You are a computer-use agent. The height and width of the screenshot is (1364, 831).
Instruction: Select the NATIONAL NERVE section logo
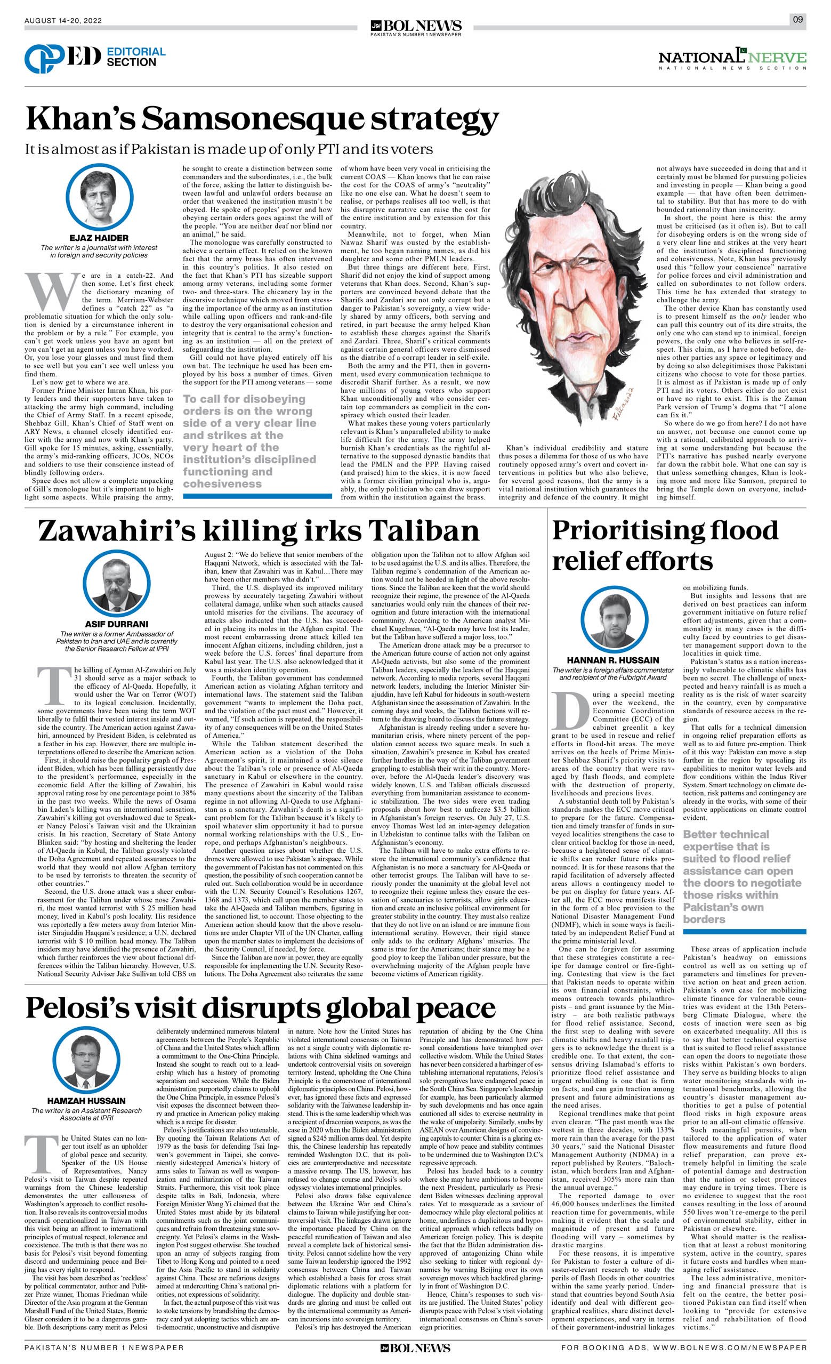[x=732, y=59]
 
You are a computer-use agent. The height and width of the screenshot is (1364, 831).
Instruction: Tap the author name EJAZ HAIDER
[x=100, y=238]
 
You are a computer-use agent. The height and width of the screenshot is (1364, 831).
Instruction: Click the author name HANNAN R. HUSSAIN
[x=612, y=660]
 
